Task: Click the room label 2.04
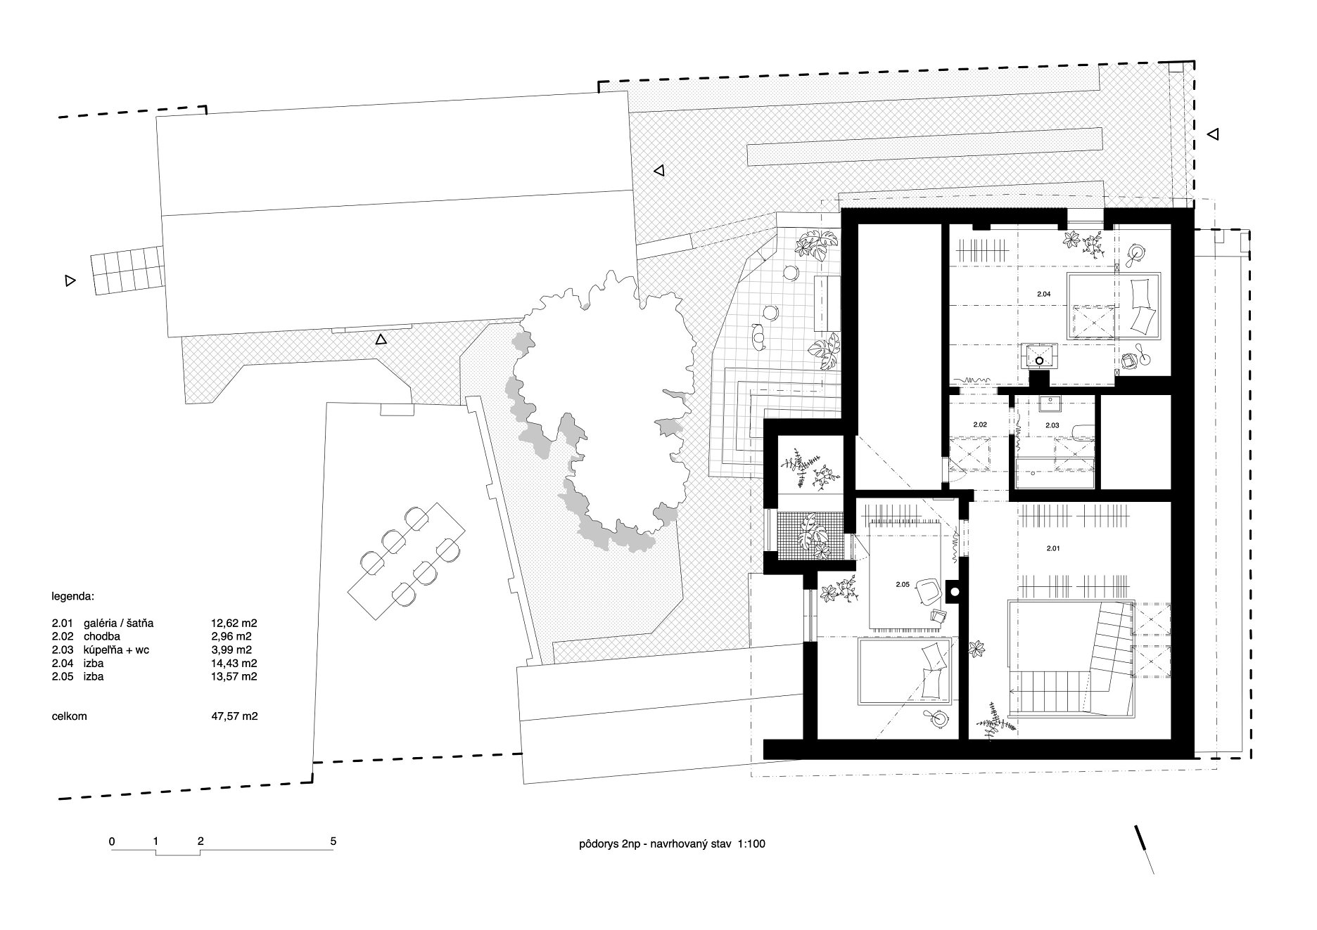click(x=1043, y=294)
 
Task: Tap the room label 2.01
click(x=1052, y=548)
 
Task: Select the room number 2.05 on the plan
click(x=903, y=584)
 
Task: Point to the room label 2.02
click(x=980, y=425)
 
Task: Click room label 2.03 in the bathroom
click(x=1052, y=425)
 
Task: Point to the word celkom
click(x=69, y=716)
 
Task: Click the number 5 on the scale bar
click(x=333, y=841)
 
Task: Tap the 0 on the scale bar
click(x=112, y=841)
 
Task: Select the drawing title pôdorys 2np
click(x=609, y=844)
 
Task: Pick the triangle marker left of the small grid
click(x=69, y=280)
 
